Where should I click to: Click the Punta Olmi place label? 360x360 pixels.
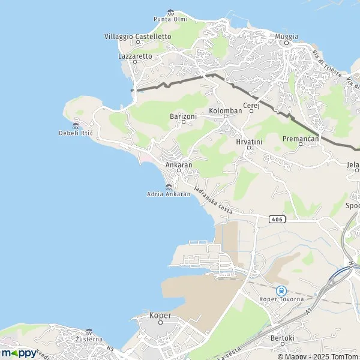(x=170, y=19)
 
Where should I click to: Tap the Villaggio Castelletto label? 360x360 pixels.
(x=137, y=37)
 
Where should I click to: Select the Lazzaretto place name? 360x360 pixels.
(x=135, y=56)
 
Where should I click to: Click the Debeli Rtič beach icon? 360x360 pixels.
(x=76, y=125)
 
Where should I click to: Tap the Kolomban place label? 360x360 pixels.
(x=226, y=112)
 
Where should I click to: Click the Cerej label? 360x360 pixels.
(x=250, y=106)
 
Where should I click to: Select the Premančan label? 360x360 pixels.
(x=298, y=139)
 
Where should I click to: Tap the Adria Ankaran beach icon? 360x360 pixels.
(x=169, y=187)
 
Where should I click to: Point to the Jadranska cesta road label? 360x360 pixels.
(x=213, y=199)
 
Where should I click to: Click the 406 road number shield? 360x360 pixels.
(x=276, y=219)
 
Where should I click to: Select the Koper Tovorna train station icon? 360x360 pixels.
(x=281, y=290)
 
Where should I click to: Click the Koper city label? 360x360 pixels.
(x=160, y=316)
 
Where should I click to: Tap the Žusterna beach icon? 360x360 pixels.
(x=89, y=331)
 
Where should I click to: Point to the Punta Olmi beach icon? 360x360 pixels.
(x=170, y=12)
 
